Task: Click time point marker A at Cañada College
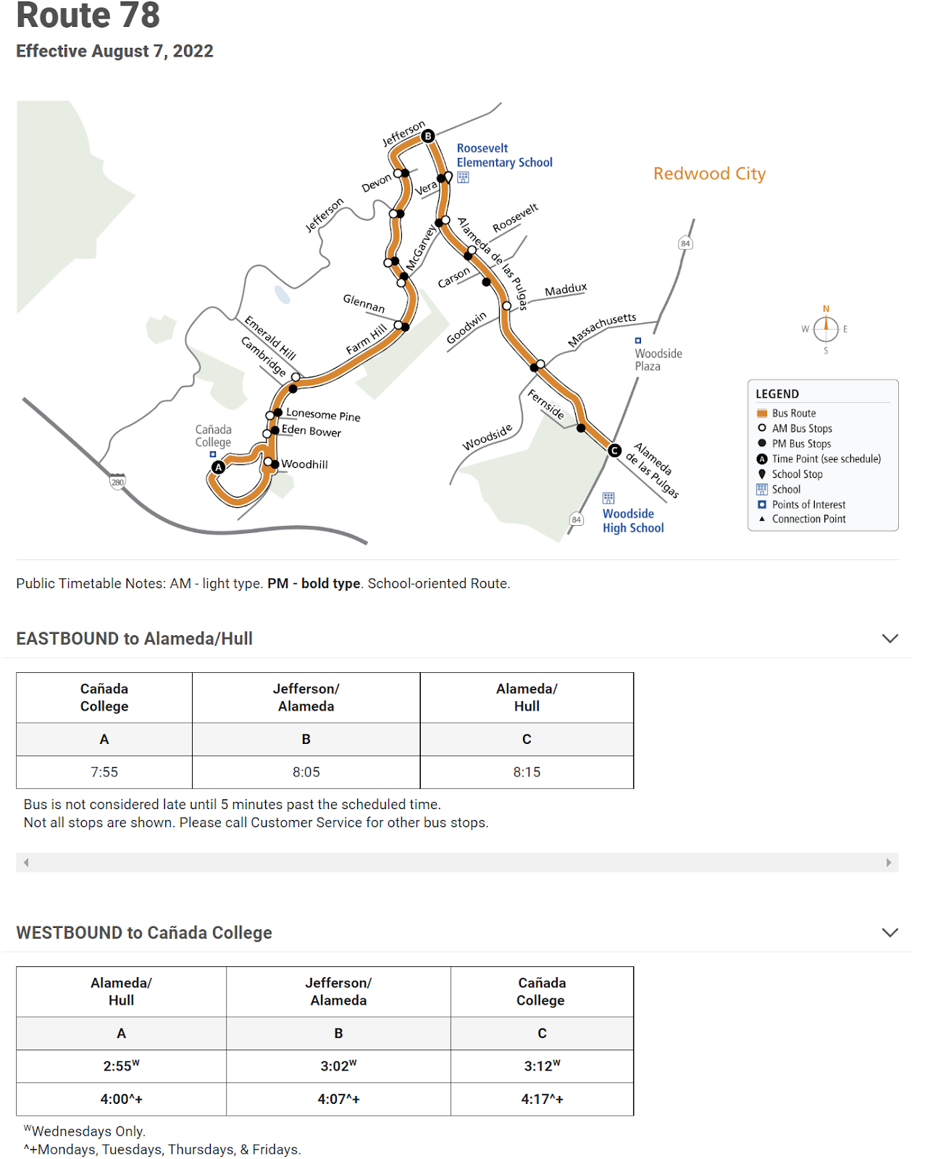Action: [218, 467]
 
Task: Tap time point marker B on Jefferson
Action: [428, 135]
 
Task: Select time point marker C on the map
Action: [614, 451]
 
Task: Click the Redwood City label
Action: [709, 174]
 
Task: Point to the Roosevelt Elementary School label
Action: [504, 155]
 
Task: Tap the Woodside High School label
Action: [632, 521]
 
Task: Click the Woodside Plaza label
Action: [658, 359]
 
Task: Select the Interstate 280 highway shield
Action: [117, 482]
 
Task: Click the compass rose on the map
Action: [826, 329]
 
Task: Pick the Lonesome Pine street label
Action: [323, 414]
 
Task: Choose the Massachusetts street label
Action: [602, 330]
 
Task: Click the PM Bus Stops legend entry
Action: [801, 443]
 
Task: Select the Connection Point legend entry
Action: [808, 519]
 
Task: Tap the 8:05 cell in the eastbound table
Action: [306, 772]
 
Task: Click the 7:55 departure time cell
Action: [104, 772]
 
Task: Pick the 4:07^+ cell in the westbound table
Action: [338, 1099]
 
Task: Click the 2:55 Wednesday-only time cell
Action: [121, 1066]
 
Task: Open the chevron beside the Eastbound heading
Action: [890, 638]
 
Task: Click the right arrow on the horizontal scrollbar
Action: [889, 862]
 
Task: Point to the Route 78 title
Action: [88, 16]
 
